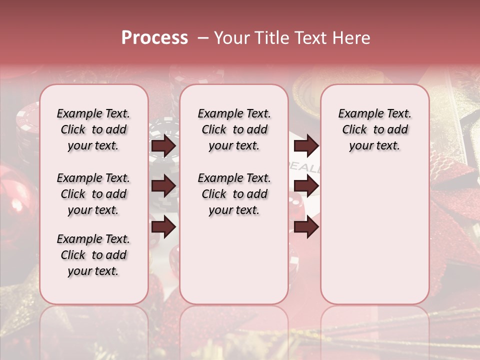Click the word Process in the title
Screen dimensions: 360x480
pos(154,37)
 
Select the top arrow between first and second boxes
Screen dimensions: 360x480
pos(163,145)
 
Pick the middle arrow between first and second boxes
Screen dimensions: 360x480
pos(163,186)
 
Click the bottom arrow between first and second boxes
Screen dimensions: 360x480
pos(163,226)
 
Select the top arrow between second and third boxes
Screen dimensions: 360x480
pos(306,145)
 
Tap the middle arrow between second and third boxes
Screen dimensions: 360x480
pos(306,186)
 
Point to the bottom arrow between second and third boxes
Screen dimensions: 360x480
pos(306,226)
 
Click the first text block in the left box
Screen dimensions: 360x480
pos(93,129)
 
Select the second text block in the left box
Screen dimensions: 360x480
pos(93,194)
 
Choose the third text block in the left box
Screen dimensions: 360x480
pos(93,255)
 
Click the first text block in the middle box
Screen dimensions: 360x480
pos(234,129)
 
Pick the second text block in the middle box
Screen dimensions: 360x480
pos(234,194)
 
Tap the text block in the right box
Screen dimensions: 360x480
pos(374,129)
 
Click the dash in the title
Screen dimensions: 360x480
pos(202,37)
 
